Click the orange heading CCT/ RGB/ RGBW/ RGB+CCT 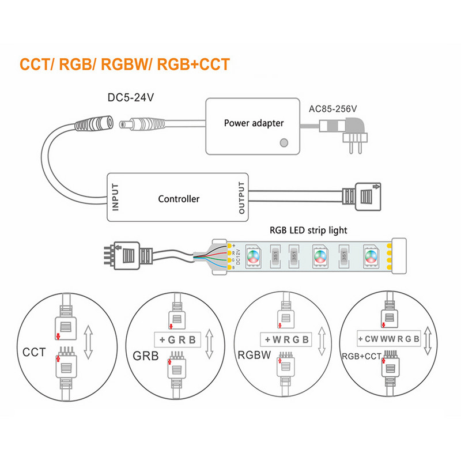click(124, 64)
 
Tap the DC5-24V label click(131, 98)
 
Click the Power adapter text click(254, 123)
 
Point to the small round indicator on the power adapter click(283, 142)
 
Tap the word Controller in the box click(179, 199)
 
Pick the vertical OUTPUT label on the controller click(241, 198)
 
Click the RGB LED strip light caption click(308, 230)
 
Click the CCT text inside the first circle click(34, 351)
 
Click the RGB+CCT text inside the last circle click(362, 357)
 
